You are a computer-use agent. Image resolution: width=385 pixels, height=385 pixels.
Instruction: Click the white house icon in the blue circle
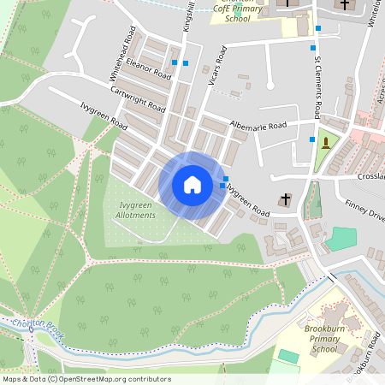coord(192,185)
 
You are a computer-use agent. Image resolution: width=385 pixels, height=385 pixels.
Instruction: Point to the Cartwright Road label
coord(138,98)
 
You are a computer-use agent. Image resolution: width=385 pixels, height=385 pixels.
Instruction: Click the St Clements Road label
coord(316,86)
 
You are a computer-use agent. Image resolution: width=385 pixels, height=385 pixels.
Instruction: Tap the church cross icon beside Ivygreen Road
coord(285,200)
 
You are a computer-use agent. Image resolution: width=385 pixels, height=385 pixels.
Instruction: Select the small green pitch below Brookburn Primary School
coord(288,354)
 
